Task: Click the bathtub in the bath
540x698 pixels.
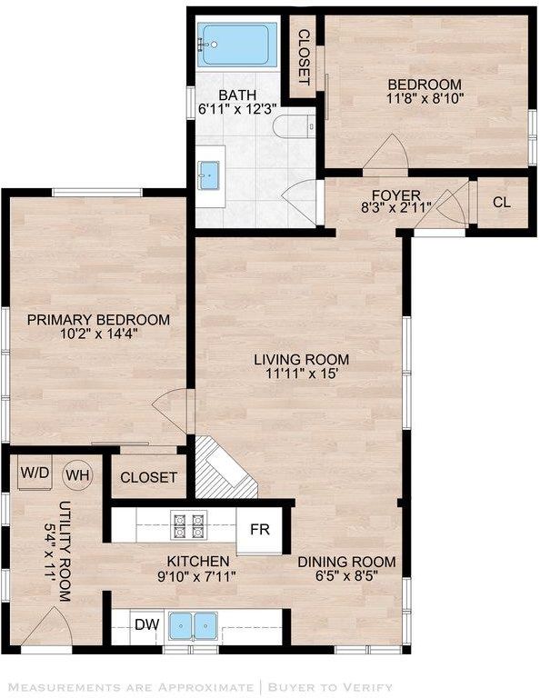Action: (x=236, y=45)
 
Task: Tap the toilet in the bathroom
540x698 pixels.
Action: (x=294, y=126)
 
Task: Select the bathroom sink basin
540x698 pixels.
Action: (x=209, y=175)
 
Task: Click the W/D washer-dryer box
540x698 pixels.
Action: (x=35, y=473)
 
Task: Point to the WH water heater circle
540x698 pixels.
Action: (x=78, y=475)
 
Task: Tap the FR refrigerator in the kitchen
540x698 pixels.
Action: (x=259, y=530)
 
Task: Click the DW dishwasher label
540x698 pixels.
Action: (x=147, y=624)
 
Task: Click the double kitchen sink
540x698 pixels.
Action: (x=194, y=625)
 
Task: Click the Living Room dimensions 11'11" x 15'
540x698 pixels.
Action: (x=301, y=374)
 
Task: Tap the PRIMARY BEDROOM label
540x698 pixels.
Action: (x=98, y=320)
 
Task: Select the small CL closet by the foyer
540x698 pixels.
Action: (x=502, y=203)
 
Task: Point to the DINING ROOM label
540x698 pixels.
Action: (x=346, y=562)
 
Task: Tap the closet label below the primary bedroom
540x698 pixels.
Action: (x=148, y=478)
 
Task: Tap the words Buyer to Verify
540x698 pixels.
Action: (x=330, y=687)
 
